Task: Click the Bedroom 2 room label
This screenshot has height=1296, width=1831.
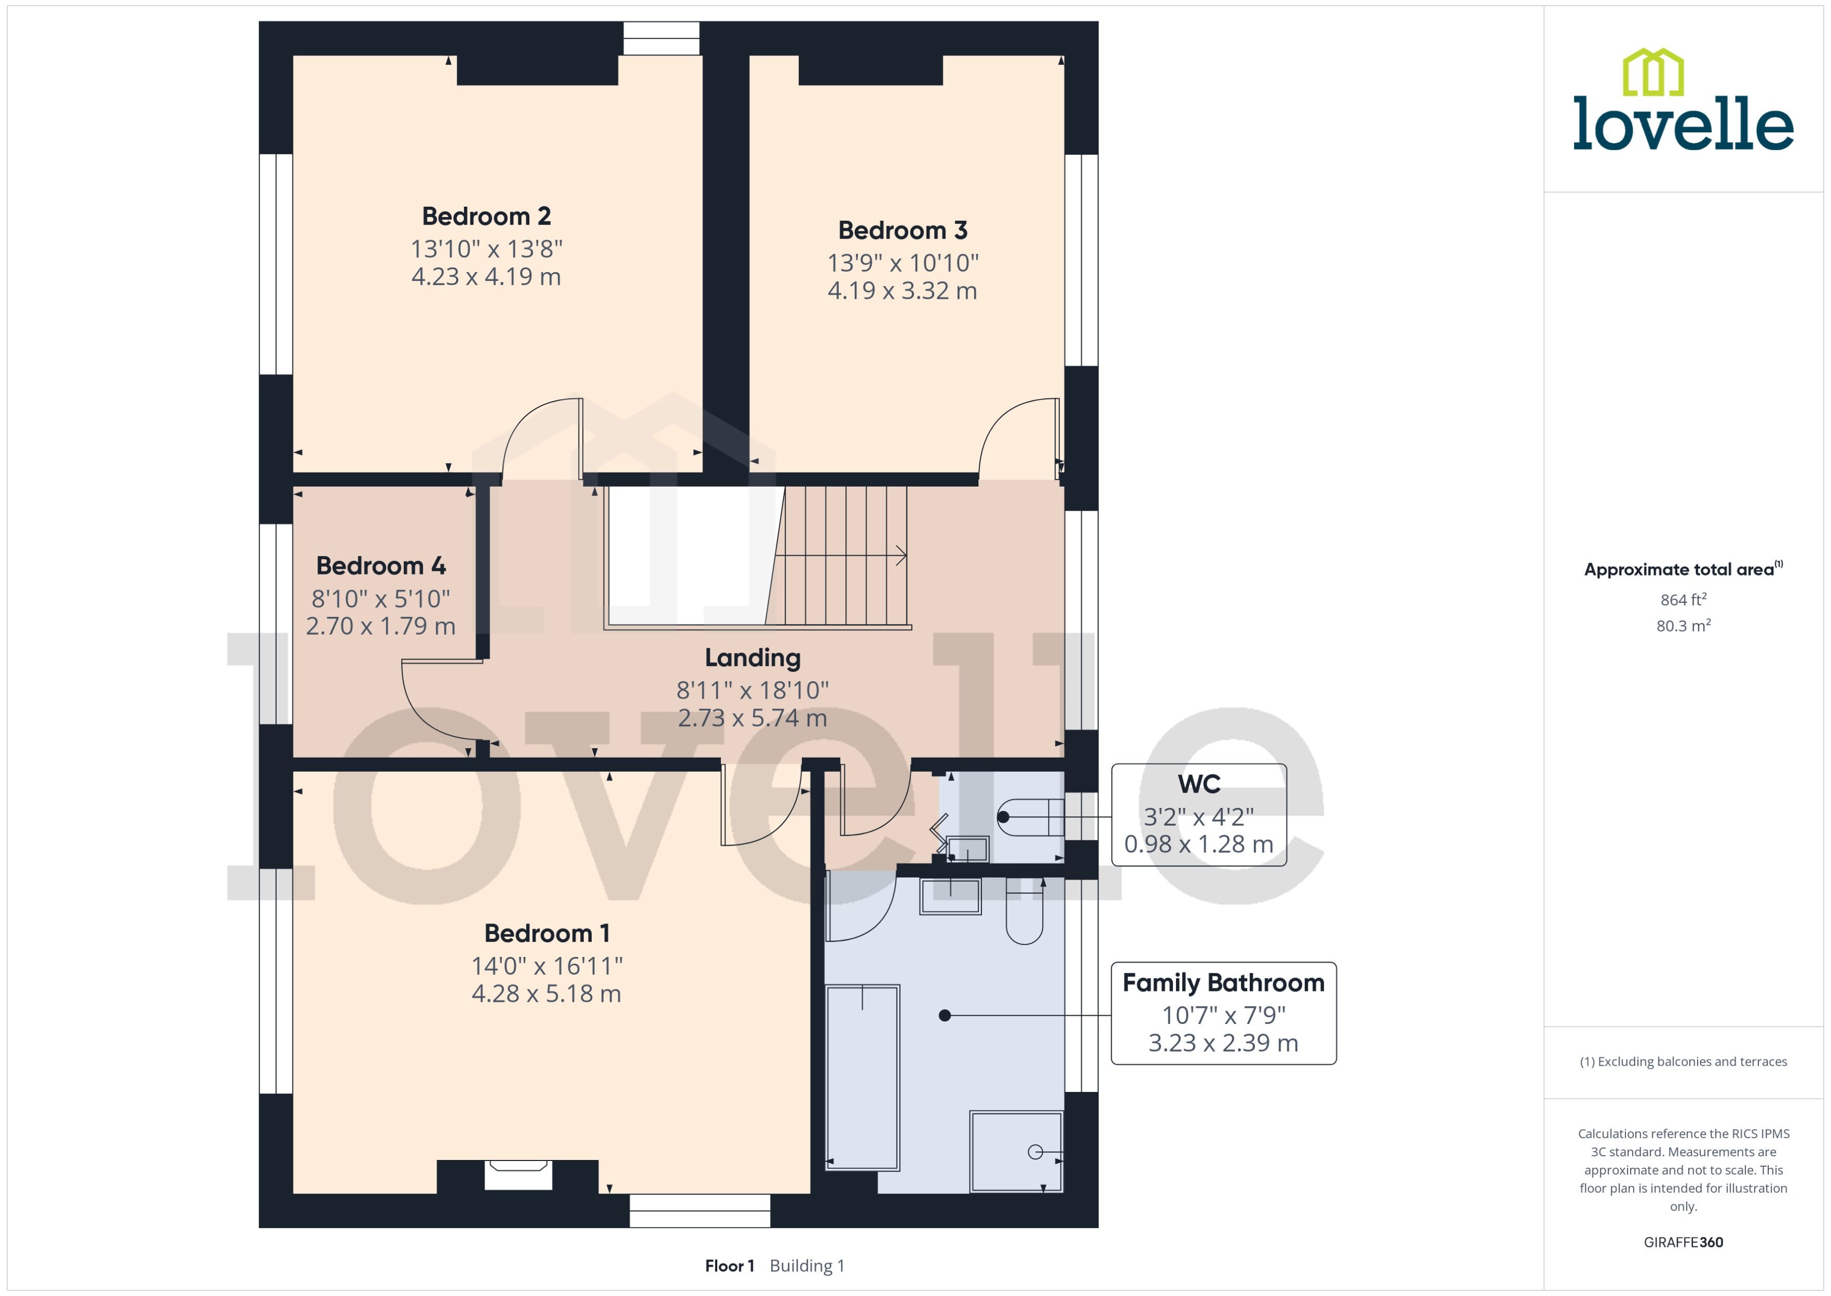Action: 486,216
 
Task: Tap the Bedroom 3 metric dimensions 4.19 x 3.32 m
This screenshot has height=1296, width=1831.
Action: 902,290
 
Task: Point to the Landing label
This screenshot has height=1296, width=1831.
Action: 752,658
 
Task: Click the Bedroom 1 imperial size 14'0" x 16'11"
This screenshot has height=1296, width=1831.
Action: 547,966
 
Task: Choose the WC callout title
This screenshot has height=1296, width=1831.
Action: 1199,784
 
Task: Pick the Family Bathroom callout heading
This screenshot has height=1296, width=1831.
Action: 1223,983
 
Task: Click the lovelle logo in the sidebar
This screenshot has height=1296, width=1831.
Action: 1683,100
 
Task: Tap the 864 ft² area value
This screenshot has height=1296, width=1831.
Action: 1683,599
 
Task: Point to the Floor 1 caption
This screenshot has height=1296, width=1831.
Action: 729,1266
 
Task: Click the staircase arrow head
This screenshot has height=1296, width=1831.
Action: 901,556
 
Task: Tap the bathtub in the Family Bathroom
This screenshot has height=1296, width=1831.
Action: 863,1077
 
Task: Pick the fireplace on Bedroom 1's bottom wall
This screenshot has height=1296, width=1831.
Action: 518,1175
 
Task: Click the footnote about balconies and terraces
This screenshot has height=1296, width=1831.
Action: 1683,1062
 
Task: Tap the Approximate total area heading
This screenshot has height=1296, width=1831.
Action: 1683,569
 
